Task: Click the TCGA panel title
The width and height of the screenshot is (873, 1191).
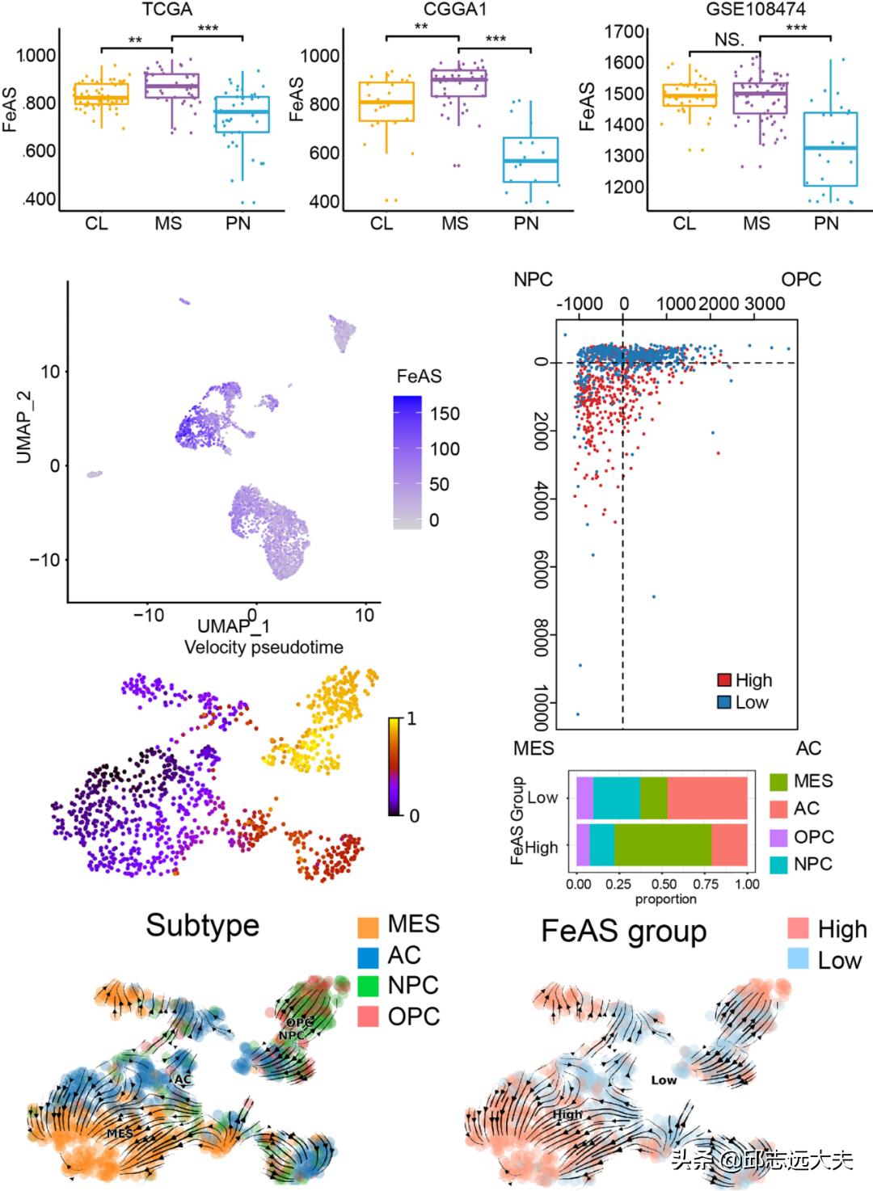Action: tap(167, 10)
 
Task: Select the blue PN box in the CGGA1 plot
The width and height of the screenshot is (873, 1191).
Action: tap(530, 159)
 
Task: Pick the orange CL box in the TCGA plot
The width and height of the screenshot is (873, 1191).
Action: tap(101, 94)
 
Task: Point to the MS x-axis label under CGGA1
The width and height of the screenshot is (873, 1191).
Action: tap(454, 223)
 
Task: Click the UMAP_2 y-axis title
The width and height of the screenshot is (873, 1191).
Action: tap(24, 427)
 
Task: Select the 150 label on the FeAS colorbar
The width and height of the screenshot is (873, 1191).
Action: tap(444, 414)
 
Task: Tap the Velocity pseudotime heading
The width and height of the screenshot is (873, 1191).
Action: tap(264, 647)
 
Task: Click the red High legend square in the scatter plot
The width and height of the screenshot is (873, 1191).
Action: tap(724, 680)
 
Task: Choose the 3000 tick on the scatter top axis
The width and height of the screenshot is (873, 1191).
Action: tap(763, 304)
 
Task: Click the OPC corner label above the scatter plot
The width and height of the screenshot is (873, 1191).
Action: tap(800, 280)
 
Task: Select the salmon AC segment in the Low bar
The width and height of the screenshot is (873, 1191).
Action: tap(707, 798)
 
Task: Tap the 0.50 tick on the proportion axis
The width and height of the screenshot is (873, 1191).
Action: tap(663, 884)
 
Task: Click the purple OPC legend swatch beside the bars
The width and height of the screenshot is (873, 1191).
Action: tap(778, 837)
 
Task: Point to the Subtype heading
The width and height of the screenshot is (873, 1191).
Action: tap(202, 925)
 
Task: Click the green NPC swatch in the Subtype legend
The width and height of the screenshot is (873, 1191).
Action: tap(369, 986)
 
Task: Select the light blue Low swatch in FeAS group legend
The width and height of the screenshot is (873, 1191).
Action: tap(799, 959)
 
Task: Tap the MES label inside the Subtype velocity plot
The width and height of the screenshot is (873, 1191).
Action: tap(120, 1134)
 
